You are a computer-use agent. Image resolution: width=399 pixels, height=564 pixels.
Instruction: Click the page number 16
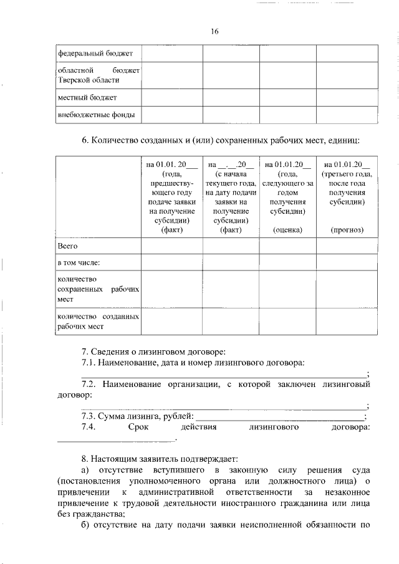[x=214, y=31]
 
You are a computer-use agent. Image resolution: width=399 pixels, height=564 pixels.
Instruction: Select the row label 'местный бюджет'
[x=87, y=97]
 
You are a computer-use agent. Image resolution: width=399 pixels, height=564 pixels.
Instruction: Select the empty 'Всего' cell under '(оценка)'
[x=287, y=247]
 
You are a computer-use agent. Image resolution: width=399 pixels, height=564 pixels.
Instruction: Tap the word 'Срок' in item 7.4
[x=138, y=427]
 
